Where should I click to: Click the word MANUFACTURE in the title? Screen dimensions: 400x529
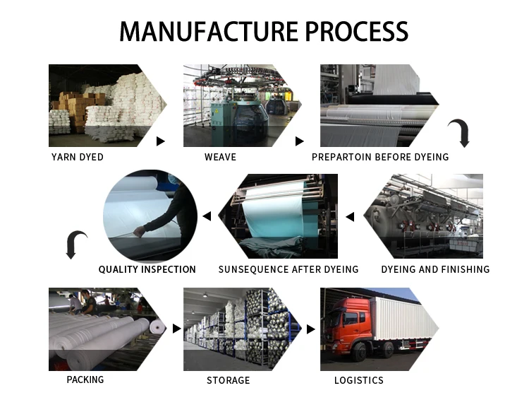point(207,31)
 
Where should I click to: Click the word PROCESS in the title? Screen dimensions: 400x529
point(355,31)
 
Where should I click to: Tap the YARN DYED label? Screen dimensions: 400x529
point(78,157)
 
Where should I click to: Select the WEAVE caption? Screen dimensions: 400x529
point(220,157)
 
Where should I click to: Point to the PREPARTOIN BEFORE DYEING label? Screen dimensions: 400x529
point(380,157)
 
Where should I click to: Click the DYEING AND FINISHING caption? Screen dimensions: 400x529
point(435,269)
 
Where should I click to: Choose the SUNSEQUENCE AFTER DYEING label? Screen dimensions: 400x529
point(288,269)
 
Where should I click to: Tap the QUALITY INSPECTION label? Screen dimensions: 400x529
point(147,269)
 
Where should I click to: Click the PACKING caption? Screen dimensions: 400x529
point(85,380)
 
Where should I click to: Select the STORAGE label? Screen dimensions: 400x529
point(228,380)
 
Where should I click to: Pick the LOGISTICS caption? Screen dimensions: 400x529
point(358,380)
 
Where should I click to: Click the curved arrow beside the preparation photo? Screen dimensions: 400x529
point(459,133)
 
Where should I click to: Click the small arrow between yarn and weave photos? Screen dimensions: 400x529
point(160,141)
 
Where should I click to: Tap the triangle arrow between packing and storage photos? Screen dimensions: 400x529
point(177,329)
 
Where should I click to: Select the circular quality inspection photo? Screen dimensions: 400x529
point(150,215)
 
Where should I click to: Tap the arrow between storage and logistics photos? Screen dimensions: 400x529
point(310,329)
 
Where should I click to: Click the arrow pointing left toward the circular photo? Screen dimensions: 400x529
point(207,216)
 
